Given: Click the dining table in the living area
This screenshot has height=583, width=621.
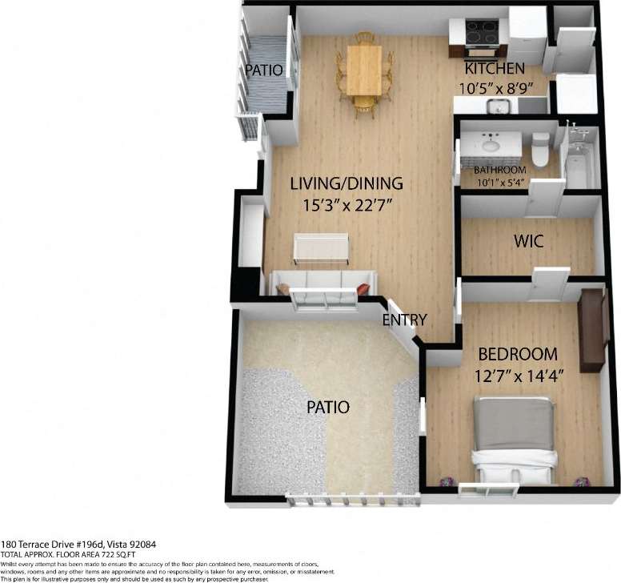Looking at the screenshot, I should click(x=364, y=70).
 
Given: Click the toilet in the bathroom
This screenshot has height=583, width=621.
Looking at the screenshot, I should click(x=542, y=147).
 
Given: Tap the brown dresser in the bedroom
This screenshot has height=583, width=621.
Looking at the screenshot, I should click(x=591, y=331).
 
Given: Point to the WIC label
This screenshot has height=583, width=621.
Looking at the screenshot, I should click(x=528, y=241).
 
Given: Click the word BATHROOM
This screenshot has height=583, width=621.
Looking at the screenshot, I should click(x=500, y=171).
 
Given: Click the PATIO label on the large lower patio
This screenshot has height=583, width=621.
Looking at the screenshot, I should click(x=329, y=407).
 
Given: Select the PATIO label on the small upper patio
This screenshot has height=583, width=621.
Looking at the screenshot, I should click(x=264, y=70).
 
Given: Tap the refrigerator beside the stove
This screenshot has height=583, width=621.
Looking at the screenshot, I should click(x=527, y=34).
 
